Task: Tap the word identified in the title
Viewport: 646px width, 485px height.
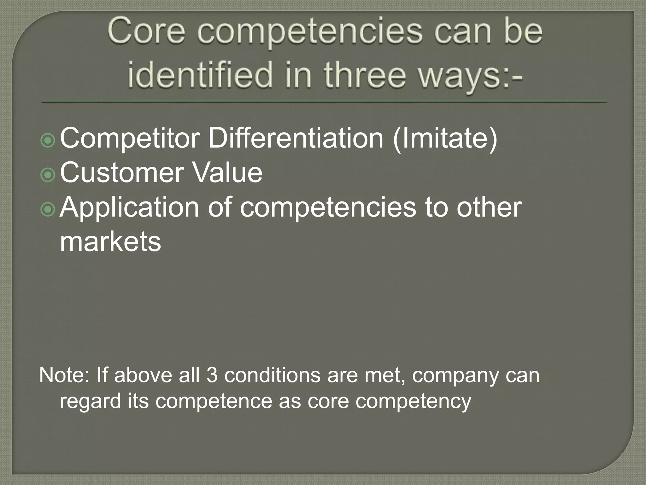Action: click(200, 75)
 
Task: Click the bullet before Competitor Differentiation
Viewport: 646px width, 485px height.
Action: click(48, 140)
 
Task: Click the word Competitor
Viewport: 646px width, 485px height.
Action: click(130, 139)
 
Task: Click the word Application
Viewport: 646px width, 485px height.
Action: click(129, 208)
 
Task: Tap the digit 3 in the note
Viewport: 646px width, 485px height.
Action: click(212, 375)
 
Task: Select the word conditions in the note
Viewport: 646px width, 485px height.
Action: click(272, 375)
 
